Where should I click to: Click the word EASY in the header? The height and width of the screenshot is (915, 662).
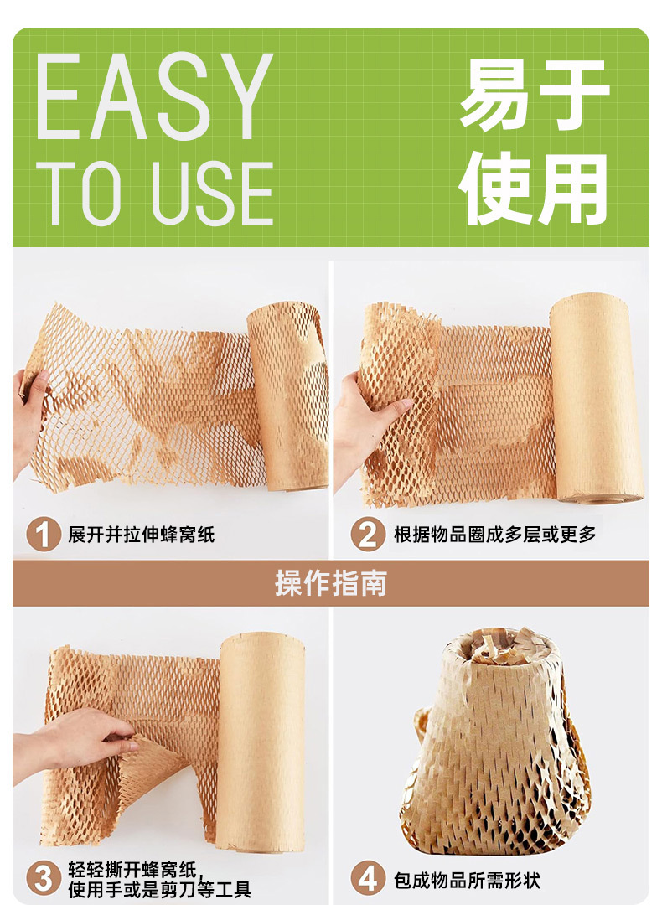154,96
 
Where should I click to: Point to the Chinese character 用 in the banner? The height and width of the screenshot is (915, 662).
571,189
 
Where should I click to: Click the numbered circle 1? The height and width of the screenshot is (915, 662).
44,534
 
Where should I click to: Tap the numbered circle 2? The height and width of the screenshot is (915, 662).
369,534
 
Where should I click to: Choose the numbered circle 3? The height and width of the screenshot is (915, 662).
44,878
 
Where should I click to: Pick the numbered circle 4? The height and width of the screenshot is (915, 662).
369,878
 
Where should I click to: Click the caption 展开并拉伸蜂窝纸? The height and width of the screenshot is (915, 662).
142,534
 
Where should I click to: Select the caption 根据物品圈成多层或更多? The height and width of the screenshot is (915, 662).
495,534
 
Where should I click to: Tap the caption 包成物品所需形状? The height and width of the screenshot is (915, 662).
467,880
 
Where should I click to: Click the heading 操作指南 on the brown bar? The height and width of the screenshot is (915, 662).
331,583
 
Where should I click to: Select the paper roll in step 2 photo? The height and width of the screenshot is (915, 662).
596,398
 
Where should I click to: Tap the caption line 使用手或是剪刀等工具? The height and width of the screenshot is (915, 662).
159,889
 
